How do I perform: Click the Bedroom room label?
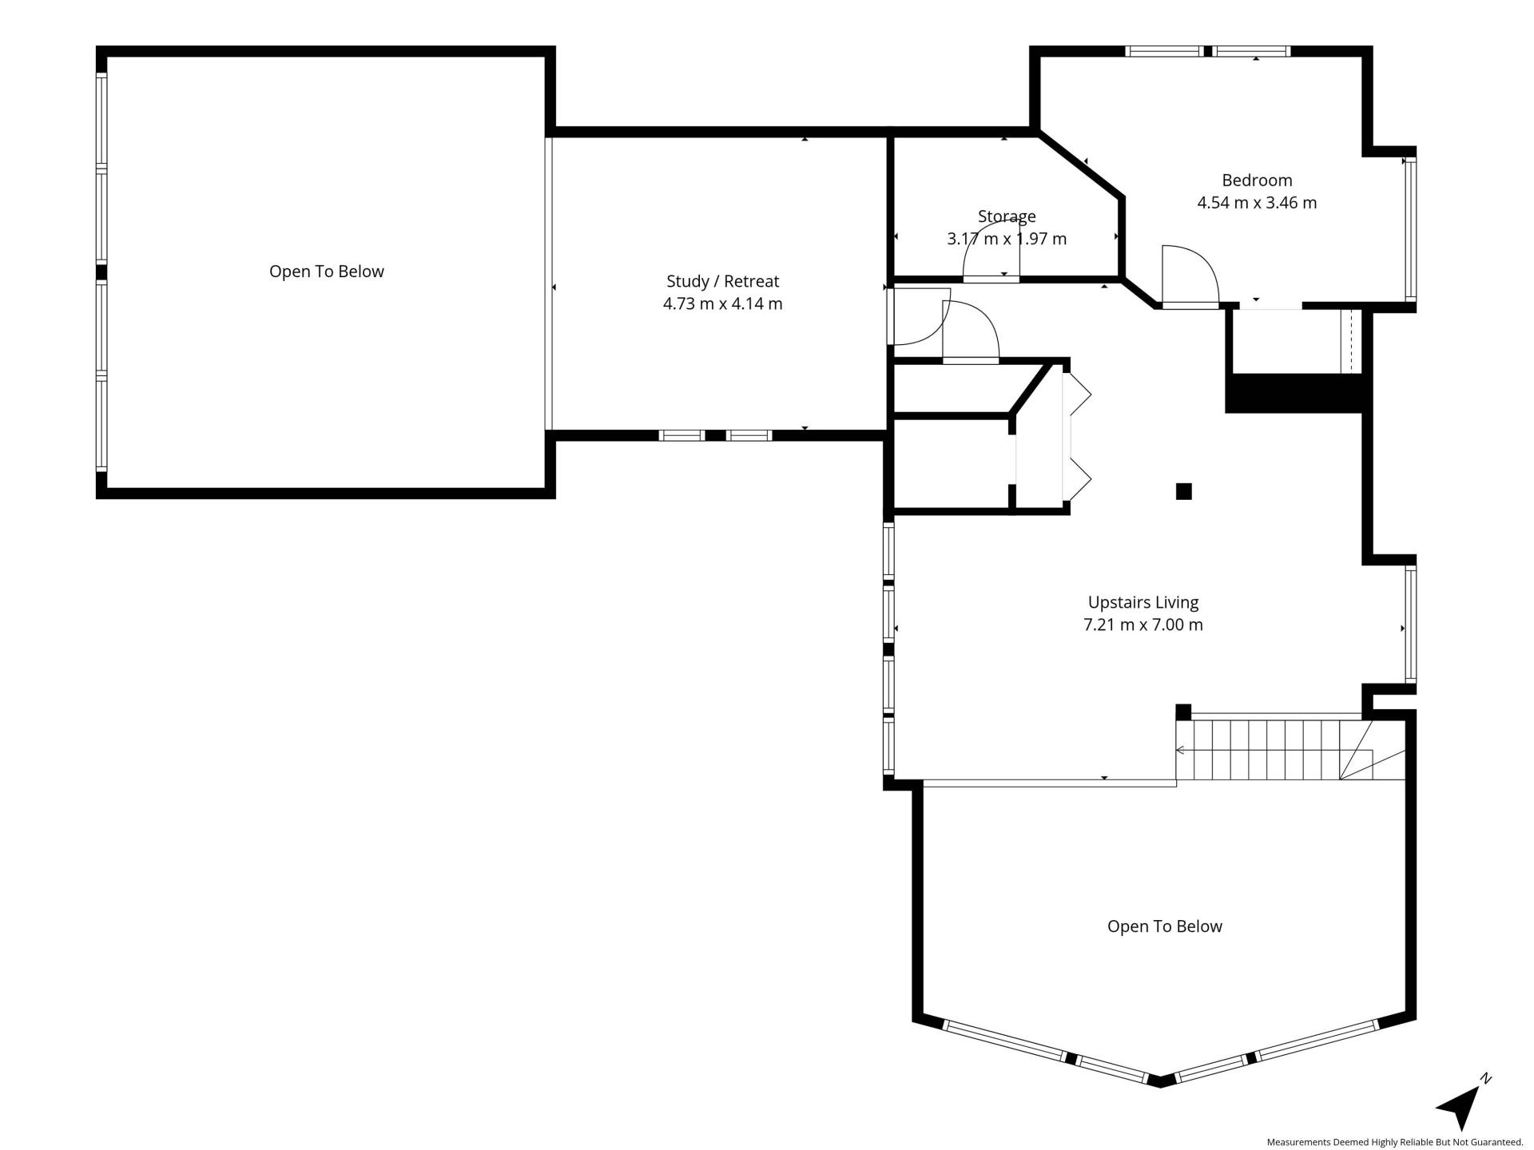(x=1257, y=180)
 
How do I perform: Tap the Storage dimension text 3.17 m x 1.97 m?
(x=1007, y=238)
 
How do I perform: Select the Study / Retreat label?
(x=723, y=281)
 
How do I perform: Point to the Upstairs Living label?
(x=1143, y=602)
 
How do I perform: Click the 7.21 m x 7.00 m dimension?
(x=1143, y=625)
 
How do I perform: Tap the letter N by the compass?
(x=1485, y=1079)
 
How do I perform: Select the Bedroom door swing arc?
(x=1190, y=276)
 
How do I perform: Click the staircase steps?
(x=1274, y=749)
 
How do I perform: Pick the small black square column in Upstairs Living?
(x=1183, y=491)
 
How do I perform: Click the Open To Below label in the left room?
(x=327, y=272)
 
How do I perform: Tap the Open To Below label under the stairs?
(x=1165, y=926)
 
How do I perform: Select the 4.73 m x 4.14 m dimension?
(x=723, y=303)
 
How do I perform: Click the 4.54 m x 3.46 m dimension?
(x=1257, y=203)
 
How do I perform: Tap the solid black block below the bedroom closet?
(x=1294, y=394)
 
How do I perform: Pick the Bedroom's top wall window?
(x=1207, y=51)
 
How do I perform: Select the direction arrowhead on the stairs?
(x=1180, y=750)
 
